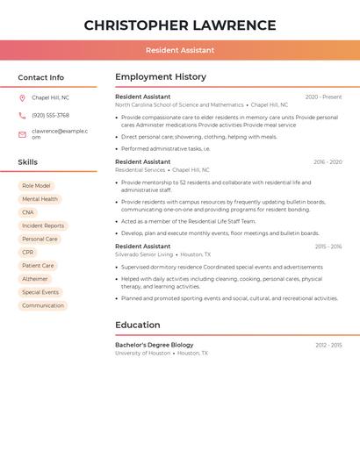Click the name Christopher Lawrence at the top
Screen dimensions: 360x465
180,25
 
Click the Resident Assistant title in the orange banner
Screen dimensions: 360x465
180,50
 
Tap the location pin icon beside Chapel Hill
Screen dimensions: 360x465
22,97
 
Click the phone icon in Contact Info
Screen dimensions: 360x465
22,116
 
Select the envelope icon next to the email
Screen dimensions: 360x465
22,134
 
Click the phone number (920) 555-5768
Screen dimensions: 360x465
50,116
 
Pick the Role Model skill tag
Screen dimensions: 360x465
36,186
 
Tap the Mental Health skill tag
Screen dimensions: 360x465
40,199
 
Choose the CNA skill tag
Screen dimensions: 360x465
28,212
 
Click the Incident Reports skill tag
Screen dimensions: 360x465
43,225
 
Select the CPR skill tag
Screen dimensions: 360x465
28,253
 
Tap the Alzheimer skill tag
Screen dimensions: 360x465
35,279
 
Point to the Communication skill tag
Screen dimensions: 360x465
43,305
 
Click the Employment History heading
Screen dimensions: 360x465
161,77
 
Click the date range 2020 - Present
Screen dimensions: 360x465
323,97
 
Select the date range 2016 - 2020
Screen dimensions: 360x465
328,162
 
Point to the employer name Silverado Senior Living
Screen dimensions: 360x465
144,254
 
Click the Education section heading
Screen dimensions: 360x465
138,325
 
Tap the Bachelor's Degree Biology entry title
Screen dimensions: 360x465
155,345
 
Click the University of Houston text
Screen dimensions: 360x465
142,353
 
